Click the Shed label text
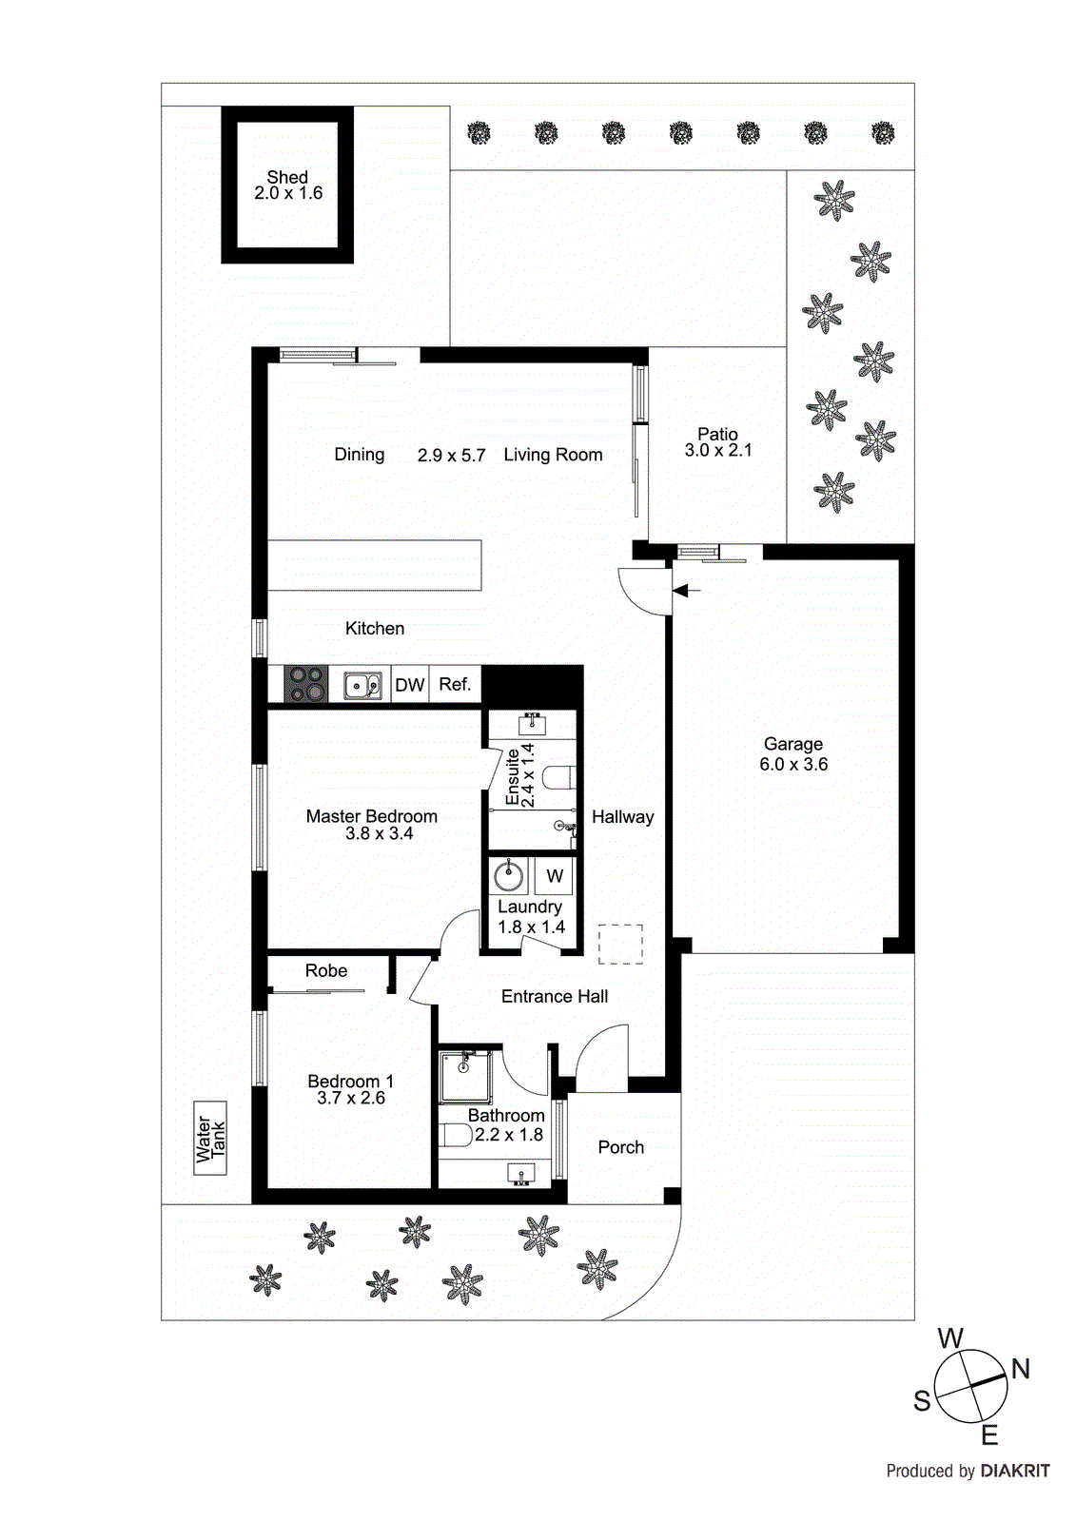pyautogui.click(x=287, y=178)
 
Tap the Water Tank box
pyautogui.click(x=210, y=1138)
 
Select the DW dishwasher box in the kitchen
pyautogui.click(x=409, y=685)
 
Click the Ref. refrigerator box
pyautogui.click(x=455, y=684)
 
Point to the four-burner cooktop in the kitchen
pyautogui.click(x=306, y=684)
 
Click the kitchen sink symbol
pyautogui.click(x=362, y=685)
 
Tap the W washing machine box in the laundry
pyautogui.click(x=554, y=876)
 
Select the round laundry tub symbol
pyautogui.click(x=509, y=875)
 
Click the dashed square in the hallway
pyautogui.click(x=620, y=945)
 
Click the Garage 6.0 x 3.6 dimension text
pyautogui.click(x=793, y=765)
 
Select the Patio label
pyautogui.click(x=717, y=434)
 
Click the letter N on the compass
pyautogui.click(x=1020, y=1369)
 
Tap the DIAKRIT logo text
pyautogui.click(x=1014, y=1471)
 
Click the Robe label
pyautogui.click(x=325, y=971)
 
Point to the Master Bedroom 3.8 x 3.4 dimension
pyautogui.click(x=379, y=834)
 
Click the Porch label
pyautogui.click(x=620, y=1147)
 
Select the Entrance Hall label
pyautogui.click(x=555, y=996)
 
